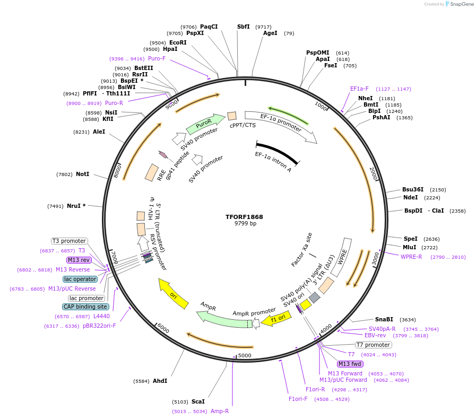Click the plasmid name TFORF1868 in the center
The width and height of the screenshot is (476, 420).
(x=244, y=217)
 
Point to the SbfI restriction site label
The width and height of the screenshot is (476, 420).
(x=244, y=27)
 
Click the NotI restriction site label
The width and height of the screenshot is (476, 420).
(x=82, y=174)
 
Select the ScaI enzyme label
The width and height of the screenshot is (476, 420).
(x=198, y=401)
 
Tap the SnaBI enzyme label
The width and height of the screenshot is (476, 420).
(x=384, y=319)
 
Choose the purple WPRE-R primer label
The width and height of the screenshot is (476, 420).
(x=411, y=257)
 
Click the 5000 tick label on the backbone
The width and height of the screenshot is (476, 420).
(x=245, y=355)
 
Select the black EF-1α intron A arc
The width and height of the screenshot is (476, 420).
(x=276, y=151)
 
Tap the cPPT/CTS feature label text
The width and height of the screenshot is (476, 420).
(x=243, y=126)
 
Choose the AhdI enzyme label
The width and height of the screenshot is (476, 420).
(x=160, y=381)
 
